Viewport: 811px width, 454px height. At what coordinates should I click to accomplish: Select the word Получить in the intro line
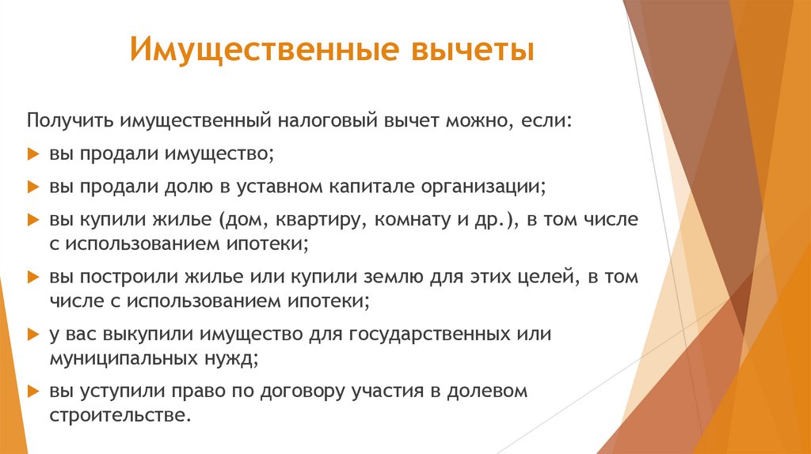[x=70, y=121]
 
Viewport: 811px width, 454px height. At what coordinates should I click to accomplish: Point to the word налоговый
[x=328, y=121]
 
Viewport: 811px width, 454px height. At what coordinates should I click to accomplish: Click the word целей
[x=542, y=278]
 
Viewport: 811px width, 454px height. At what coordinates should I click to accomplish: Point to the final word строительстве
[x=120, y=414]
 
